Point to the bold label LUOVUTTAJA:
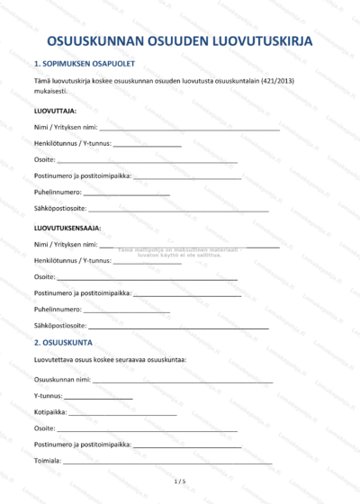click(55, 111)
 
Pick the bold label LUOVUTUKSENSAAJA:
click(67, 228)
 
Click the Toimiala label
click(48, 461)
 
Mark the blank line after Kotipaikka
click(122, 414)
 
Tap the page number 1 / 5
click(180, 481)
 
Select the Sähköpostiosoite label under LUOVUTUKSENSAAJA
click(60, 325)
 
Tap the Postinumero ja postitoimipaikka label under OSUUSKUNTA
click(83, 445)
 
